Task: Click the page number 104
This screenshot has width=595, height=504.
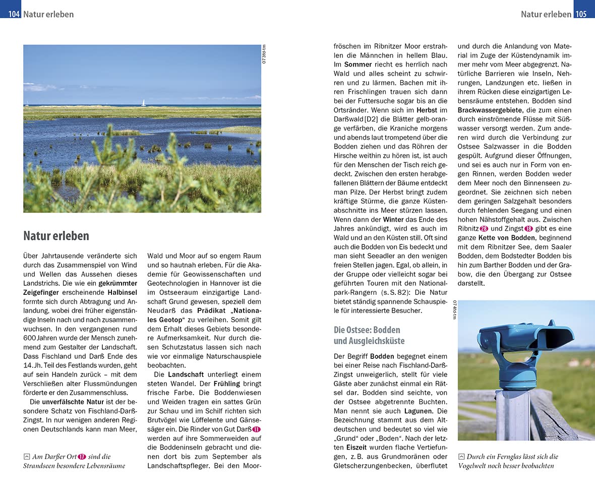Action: (11, 14)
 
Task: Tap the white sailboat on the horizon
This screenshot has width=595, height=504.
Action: (143, 103)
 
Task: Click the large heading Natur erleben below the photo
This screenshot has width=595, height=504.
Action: (56, 236)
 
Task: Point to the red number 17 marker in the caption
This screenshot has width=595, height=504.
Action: (82, 457)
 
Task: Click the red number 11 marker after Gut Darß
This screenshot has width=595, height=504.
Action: (256, 429)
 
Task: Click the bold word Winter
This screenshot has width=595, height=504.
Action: (393, 220)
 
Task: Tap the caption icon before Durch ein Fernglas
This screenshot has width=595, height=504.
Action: (461, 457)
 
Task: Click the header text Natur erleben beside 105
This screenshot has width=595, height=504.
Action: (546, 14)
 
